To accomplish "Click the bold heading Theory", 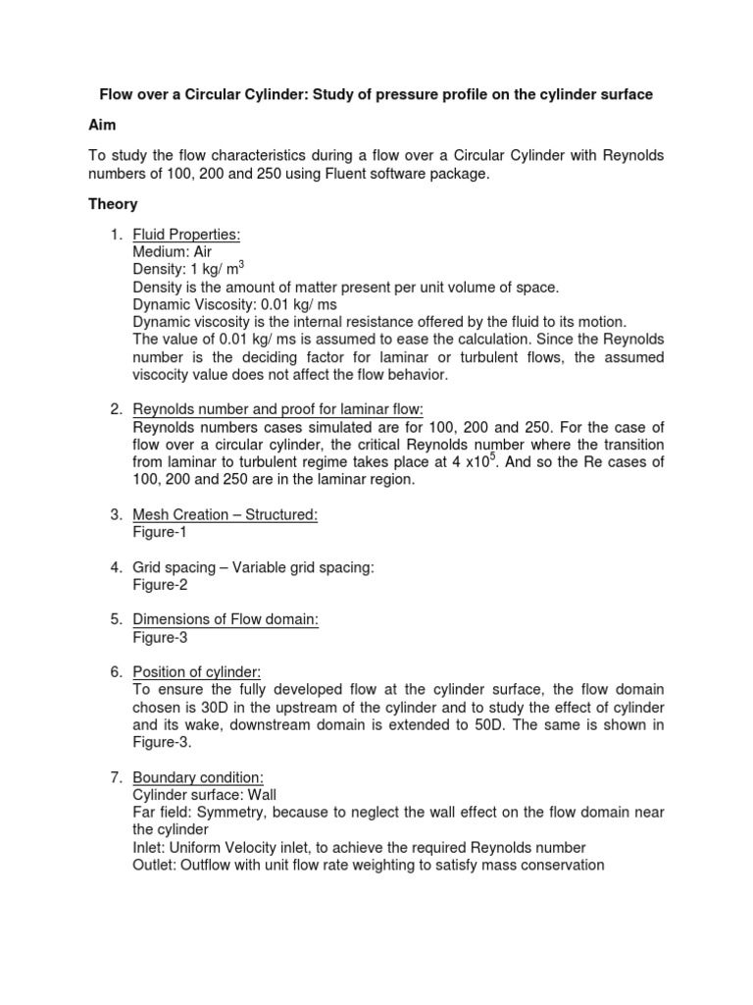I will point(113,204).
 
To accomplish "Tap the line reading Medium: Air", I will point(173,251).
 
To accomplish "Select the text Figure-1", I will point(160,532).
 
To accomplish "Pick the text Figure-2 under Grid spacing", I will point(160,585).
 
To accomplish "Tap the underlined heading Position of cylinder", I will point(196,671).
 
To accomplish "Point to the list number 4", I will point(115,567).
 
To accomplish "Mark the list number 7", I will point(115,777).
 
